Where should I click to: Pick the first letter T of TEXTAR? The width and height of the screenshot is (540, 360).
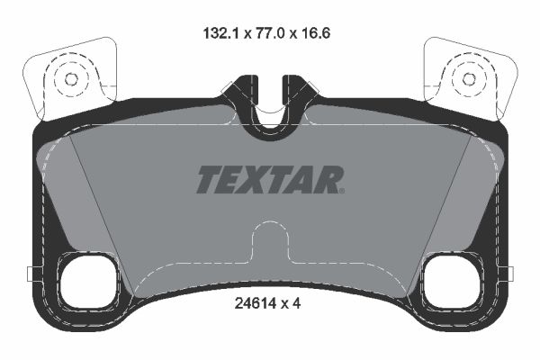click(x=208, y=178)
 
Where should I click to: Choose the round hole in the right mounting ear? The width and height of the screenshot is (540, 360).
click(x=468, y=78)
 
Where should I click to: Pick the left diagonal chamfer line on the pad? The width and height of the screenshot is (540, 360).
click(x=102, y=216)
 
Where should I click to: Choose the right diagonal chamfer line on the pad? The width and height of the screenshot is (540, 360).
click(x=438, y=216)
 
